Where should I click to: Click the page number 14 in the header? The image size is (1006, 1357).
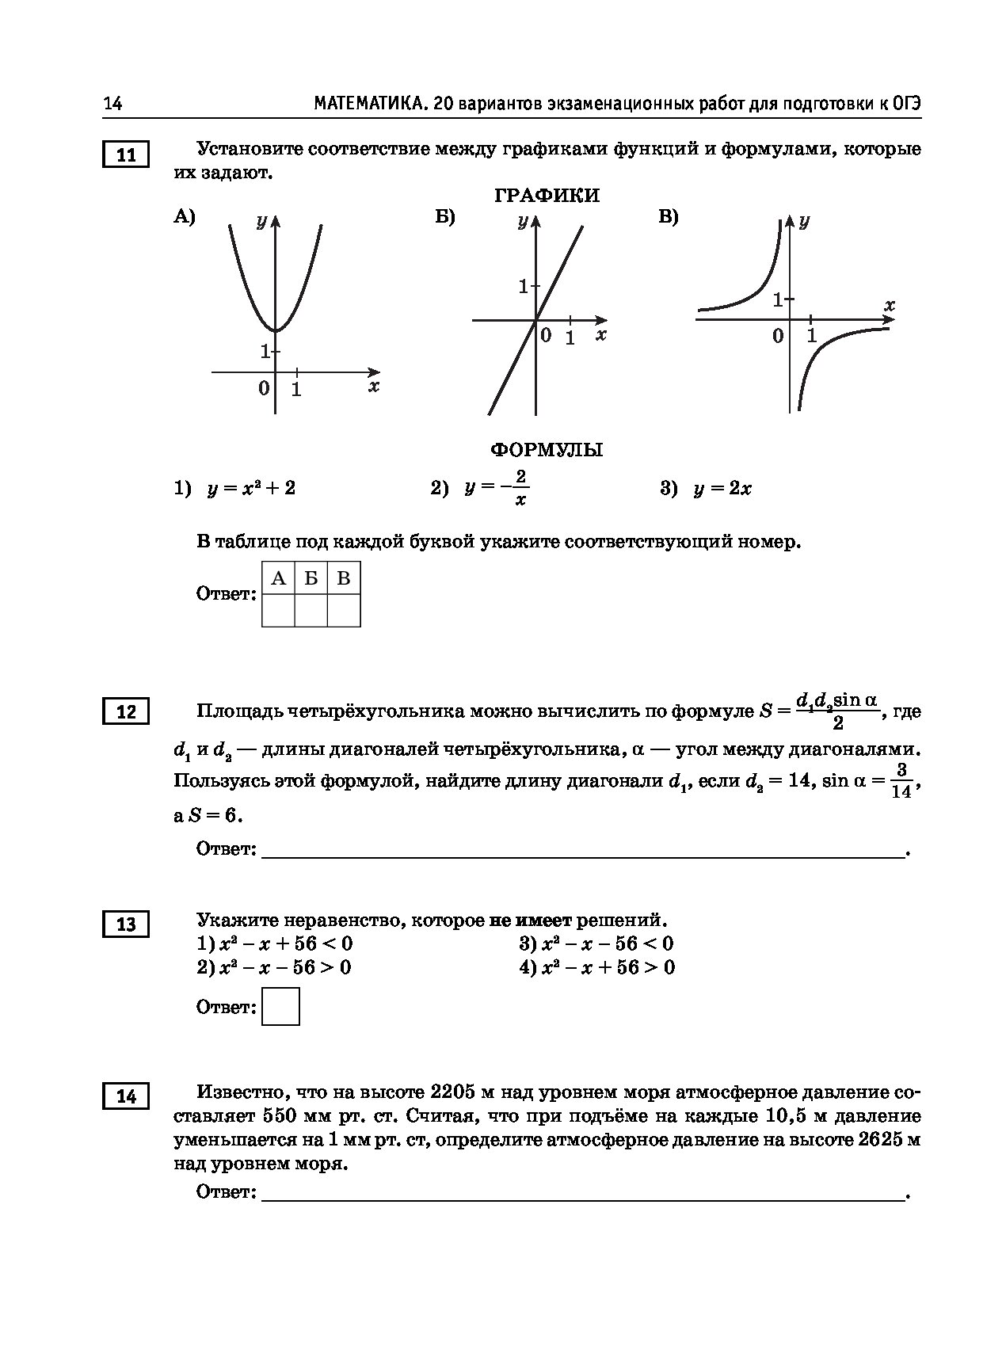[x=112, y=104]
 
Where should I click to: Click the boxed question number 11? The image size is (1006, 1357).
[x=126, y=155]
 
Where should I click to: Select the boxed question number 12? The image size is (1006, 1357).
[x=126, y=712]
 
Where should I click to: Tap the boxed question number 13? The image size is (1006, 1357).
[x=126, y=924]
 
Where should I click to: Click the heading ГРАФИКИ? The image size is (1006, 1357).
[x=547, y=196]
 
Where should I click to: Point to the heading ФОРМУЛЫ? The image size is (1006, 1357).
[x=547, y=450]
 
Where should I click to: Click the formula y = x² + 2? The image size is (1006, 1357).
[x=251, y=488]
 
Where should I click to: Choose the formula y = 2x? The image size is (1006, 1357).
[x=722, y=489]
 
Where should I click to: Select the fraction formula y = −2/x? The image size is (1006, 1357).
[x=497, y=488]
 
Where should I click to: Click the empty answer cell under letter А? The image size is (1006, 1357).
[x=278, y=611]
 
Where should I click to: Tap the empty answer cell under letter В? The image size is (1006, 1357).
[x=344, y=611]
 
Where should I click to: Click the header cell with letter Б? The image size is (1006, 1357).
[x=311, y=578]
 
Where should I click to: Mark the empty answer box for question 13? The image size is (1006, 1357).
[x=280, y=1007]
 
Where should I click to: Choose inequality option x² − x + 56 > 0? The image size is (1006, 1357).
[x=608, y=967]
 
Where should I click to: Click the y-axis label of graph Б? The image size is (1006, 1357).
[x=523, y=221]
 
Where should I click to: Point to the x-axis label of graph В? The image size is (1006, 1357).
[x=889, y=305]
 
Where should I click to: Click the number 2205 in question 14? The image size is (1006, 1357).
[x=452, y=1092]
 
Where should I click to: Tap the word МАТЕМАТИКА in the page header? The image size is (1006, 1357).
[x=368, y=104]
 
